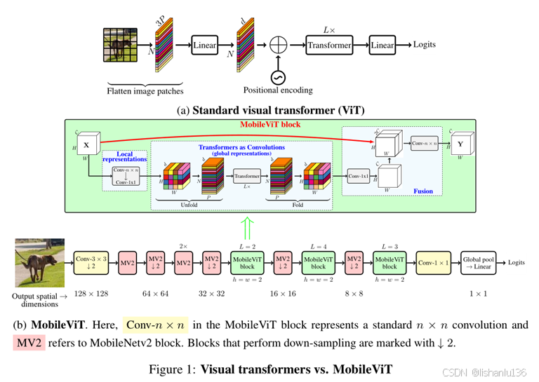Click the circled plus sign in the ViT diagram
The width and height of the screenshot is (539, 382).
(x=279, y=46)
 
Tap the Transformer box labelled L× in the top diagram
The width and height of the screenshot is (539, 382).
(x=328, y=46)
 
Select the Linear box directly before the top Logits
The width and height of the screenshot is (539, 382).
(x=382, y=46)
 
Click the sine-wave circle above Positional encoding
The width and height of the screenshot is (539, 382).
(x=279, y=76)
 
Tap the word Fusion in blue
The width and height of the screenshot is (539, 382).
(x=423, y=191)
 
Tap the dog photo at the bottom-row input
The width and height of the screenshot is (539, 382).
(x=39, y=263)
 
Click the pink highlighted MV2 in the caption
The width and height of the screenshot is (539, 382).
(x=29, y=343)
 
